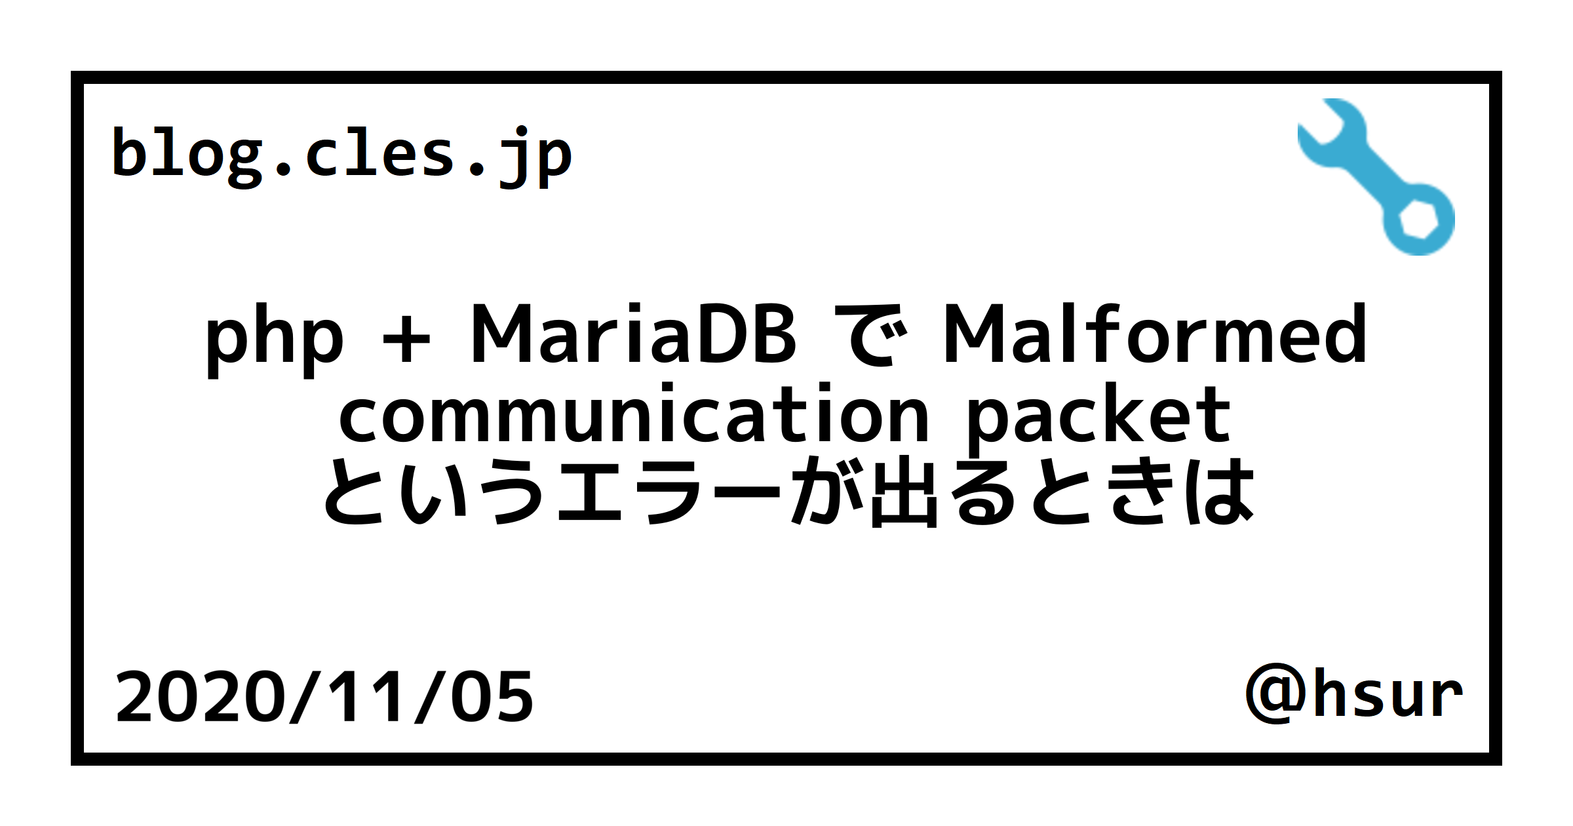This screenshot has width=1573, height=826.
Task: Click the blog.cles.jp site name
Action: (x=341, y=155)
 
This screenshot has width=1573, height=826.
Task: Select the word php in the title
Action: (x=274, y=337)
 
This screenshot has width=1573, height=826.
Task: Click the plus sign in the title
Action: (x=406, y=338)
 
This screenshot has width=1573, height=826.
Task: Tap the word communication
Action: (x=633, y=414)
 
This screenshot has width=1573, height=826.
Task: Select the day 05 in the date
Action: (x=492, y=696)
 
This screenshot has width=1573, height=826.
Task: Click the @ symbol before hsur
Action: (x=1275, y=694)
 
